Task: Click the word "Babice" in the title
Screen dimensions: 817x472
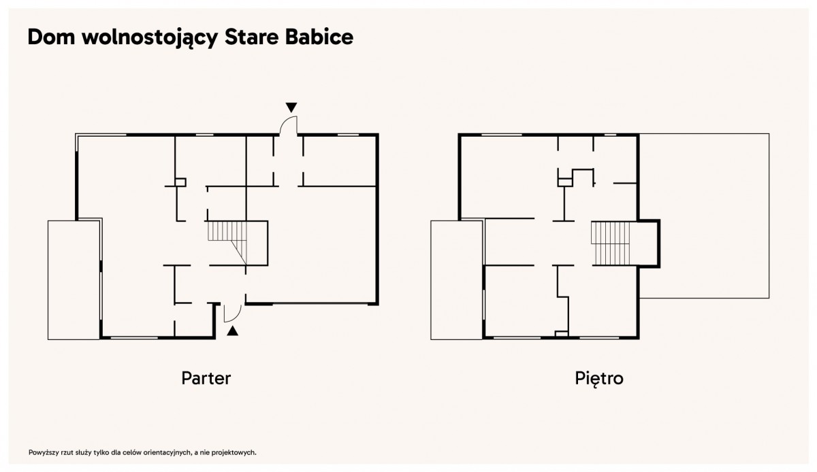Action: tap(319, 37)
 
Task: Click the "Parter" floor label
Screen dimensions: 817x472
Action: tap(206, 378)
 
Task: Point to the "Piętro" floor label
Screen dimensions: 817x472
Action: tap(599, 379)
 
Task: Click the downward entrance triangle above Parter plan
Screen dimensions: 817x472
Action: tap(291, 107)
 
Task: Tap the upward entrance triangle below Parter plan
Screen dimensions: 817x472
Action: tap(233, 331)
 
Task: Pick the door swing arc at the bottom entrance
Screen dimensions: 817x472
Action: tap(236, 318)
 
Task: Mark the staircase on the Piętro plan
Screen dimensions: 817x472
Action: tap(610, 243)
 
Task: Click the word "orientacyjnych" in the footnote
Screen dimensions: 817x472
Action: tap(167, 453)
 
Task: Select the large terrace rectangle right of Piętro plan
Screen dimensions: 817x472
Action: tap(704, 216)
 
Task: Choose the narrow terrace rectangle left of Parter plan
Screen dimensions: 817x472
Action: tap(74, 280)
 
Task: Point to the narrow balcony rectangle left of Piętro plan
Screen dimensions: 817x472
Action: tap(457, 280)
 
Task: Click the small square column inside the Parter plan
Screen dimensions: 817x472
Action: tap(180, 182)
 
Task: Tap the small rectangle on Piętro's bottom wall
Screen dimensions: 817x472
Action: tap(562, 334)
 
